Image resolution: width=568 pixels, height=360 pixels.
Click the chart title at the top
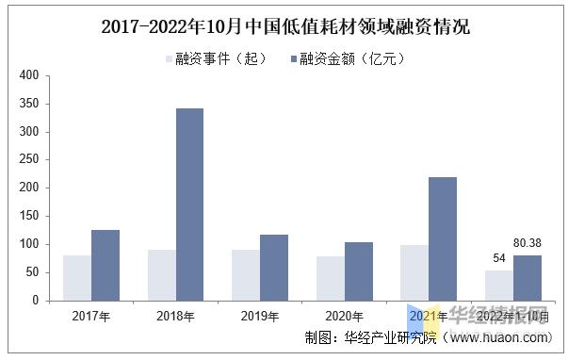point(284,26)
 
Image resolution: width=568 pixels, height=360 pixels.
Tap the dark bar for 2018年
point(189,205)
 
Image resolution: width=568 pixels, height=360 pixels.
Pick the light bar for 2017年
point(77,278)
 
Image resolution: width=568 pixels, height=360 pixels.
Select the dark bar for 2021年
point(442,238)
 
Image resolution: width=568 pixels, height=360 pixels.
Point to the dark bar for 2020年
point(358,271)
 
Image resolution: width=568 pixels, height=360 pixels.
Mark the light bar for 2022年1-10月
point(499,286)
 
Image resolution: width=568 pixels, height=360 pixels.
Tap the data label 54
point(499,259)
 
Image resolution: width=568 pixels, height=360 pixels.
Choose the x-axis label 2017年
point(91,316)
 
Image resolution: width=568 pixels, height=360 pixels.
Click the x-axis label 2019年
point(260,316)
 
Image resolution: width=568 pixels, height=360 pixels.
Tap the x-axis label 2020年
point(344,316)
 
